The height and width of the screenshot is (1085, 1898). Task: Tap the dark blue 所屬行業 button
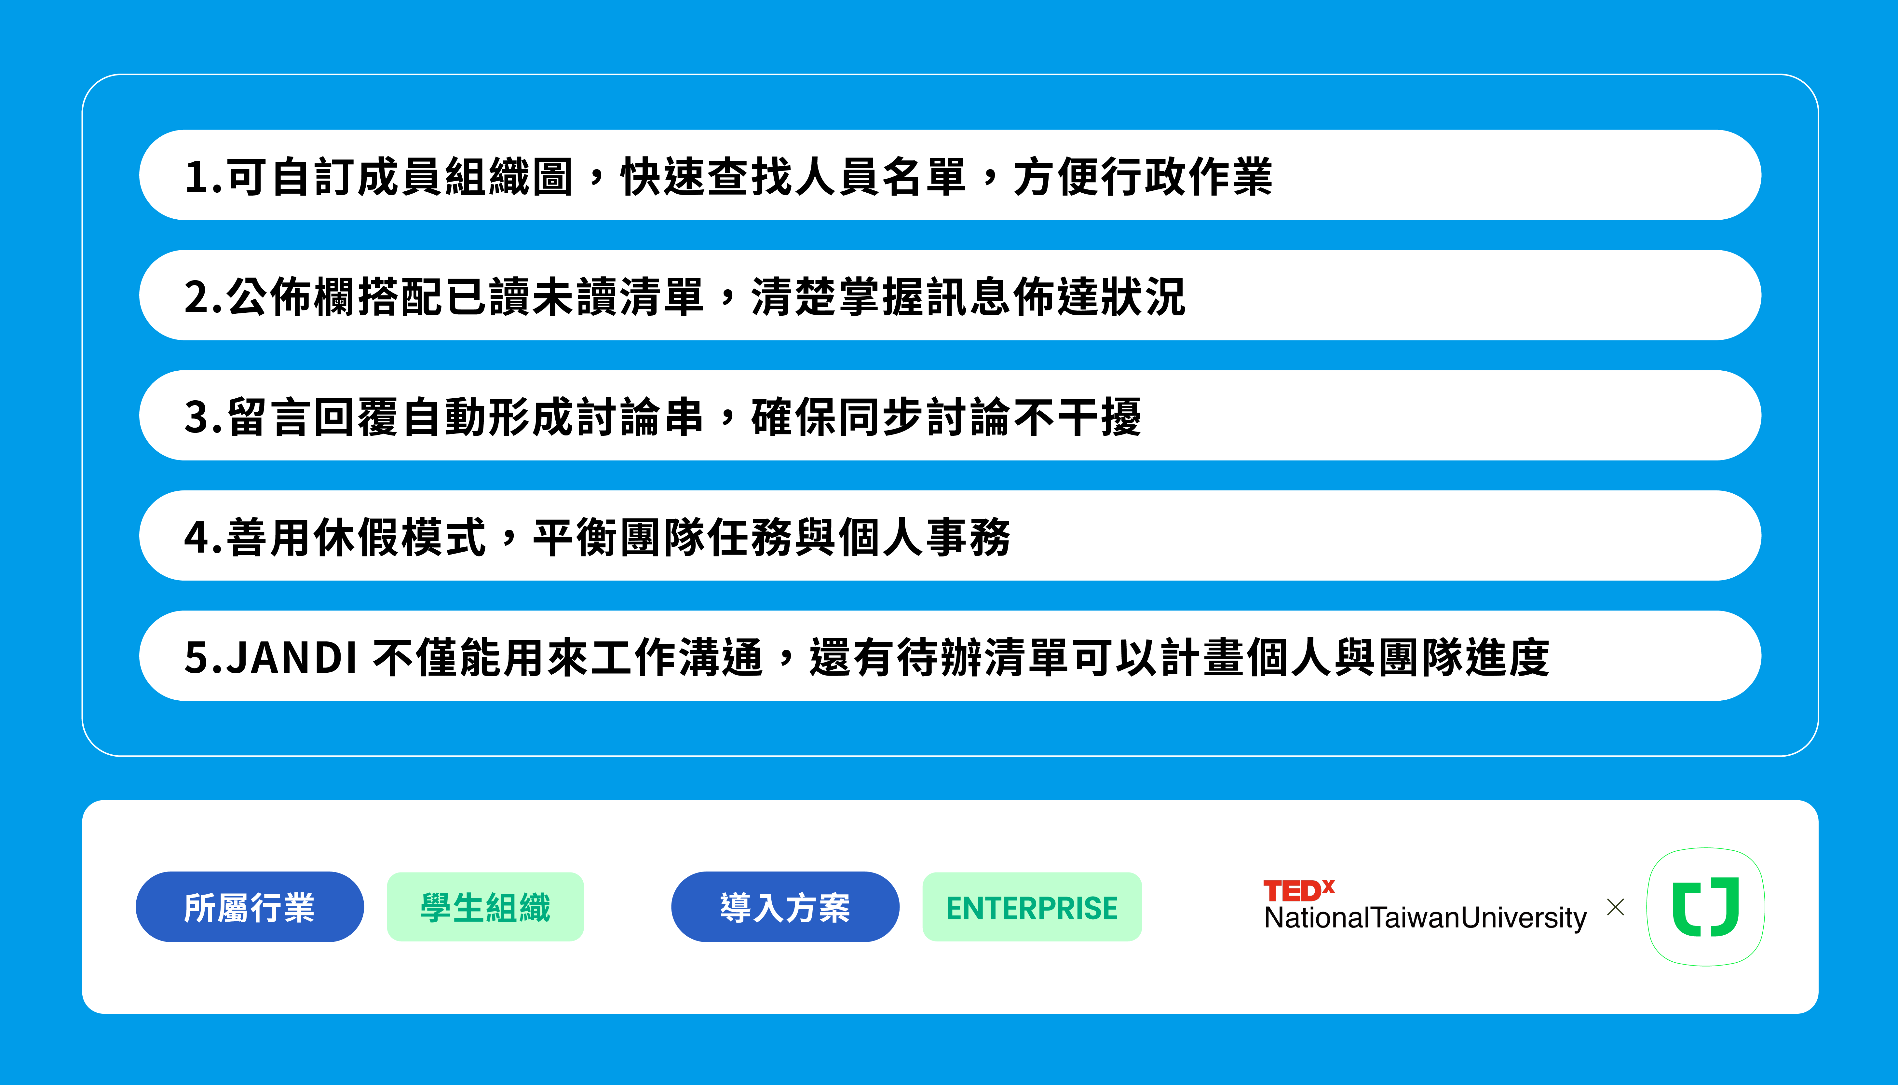pyautogui.click(x=250, y=907)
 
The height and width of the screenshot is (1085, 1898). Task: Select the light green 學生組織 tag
pyautogui.click(x=485, y=907)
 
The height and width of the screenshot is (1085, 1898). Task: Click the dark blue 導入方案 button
pyautogui.click(x=785, y=907)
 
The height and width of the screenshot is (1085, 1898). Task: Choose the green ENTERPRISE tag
pyautogui.click(x=1032, y=907)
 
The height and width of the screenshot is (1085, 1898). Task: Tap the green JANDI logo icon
pyautogui.click(x=1705, y=907)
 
